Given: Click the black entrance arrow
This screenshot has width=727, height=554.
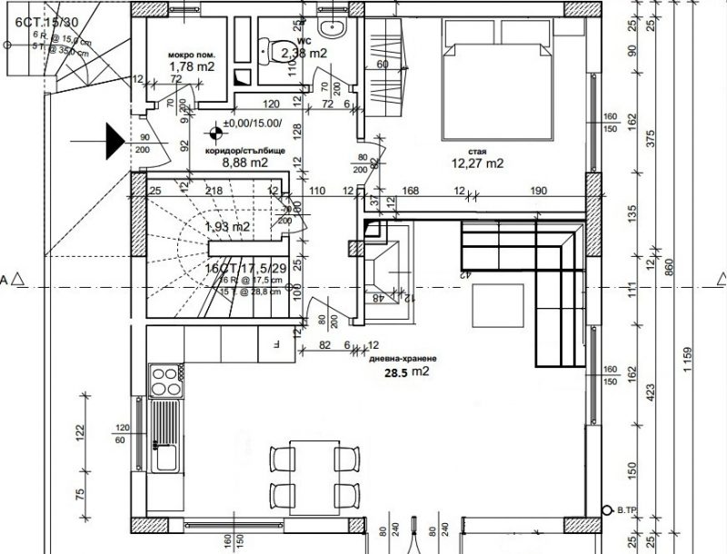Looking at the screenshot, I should tap(113, 140).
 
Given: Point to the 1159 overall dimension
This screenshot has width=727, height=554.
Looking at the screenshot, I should tap(689, 351).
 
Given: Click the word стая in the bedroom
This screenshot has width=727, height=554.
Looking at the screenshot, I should tap(481, 152).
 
